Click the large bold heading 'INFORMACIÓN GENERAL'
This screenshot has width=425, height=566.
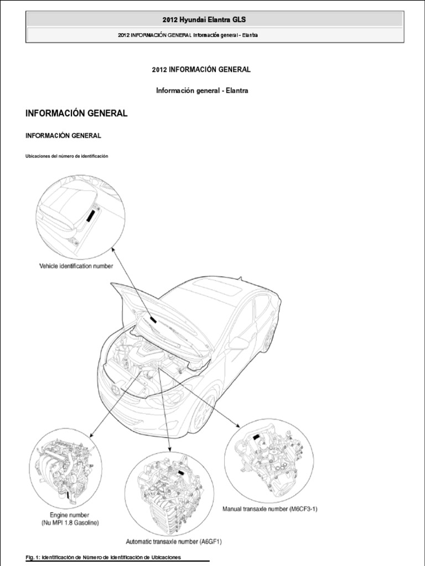coord(76,113)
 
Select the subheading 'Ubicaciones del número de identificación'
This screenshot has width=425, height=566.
coord(66,156)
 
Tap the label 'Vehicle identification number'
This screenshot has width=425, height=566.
coord(76,266)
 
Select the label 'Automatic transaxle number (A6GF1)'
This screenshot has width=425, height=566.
coord(170,542)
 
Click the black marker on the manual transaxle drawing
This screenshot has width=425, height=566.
coord(257,437)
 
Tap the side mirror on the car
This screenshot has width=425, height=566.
coord(238,343)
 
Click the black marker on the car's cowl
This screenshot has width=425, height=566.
coord(151,320)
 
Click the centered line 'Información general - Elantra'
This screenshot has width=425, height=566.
coord(201,91)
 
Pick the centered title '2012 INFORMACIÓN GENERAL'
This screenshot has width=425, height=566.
coord(201,70)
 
